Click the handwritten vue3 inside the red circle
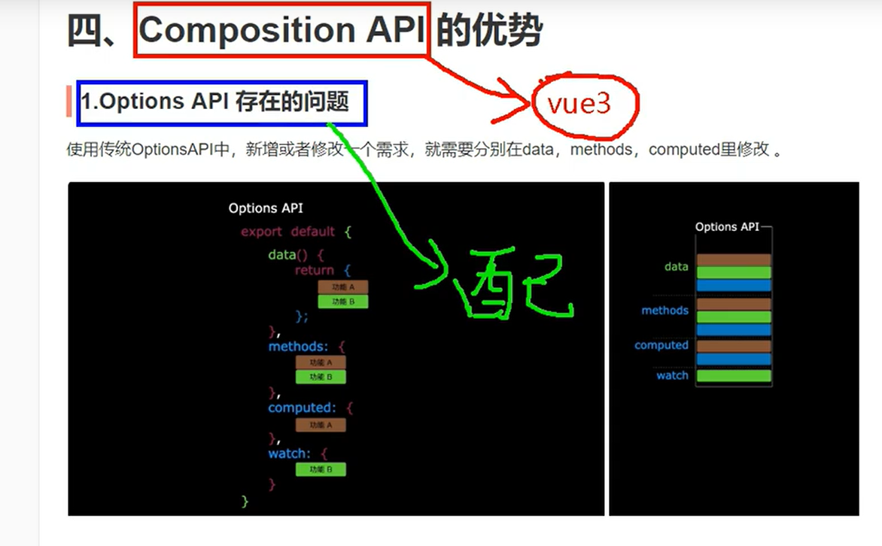[579, 104]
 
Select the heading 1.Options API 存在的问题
[215, 102]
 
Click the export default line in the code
[296, 232]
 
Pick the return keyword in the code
[315, 270]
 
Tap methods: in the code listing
[298, 347]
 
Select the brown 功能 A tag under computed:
[321, 425]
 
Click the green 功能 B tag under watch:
[321, 469]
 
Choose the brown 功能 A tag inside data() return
[342, 287]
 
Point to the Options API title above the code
[266, 208]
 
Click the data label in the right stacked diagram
[676, 266]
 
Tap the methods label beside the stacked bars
[665, 310]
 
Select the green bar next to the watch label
[734, 375]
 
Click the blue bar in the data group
[734, 286]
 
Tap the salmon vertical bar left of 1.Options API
[68, 102]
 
